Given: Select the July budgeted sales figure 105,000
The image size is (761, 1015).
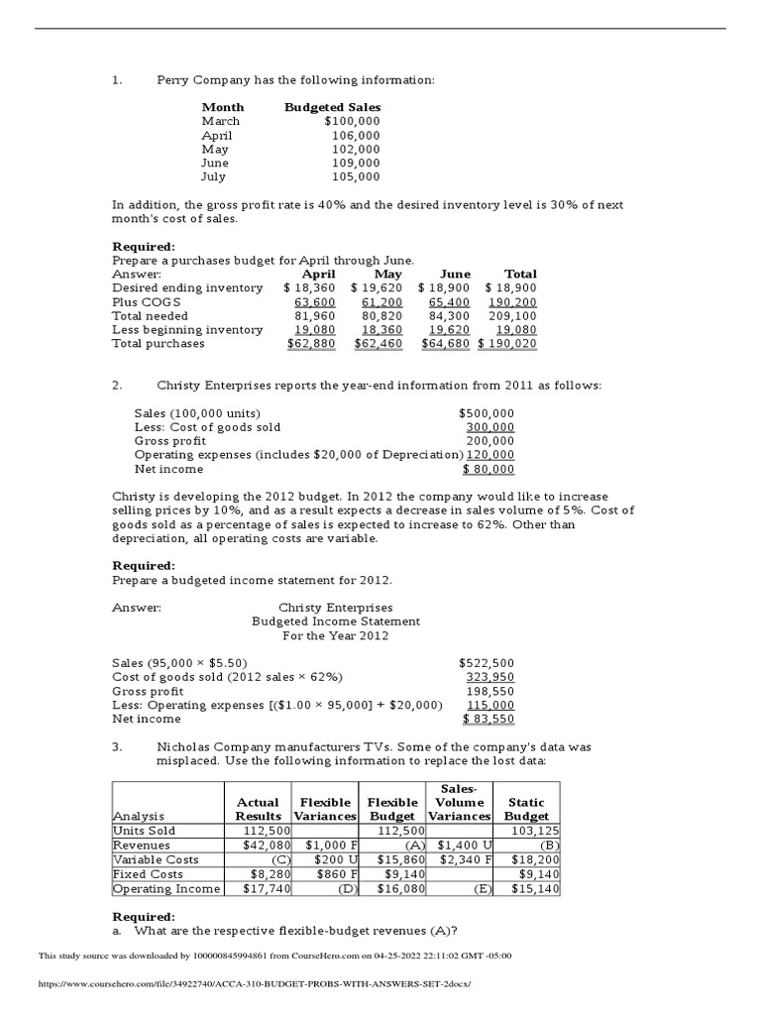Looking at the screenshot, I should pyautogui.click(x=356, y=176).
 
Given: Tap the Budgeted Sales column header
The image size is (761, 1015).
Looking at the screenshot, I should pyautogui.click(x=332, y=107).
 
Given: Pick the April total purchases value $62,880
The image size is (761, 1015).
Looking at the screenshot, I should pyautogui.click(x=311, y=343).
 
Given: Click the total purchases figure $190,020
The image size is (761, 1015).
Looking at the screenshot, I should pyautogui.click(x=507, y=343).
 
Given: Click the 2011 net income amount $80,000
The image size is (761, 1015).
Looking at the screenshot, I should pyautogui.click(x=489, y=469).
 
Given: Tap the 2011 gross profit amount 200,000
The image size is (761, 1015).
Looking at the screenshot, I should pyautogui.click(x=490, y=441).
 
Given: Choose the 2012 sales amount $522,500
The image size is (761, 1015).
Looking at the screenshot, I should pyautogui.click(x=487, y=662).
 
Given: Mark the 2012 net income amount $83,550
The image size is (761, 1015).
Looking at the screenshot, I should pyautogui.click(x=489, y=719).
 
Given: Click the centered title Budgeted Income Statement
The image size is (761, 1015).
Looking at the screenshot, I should pyautogui.click(x=335, y=621).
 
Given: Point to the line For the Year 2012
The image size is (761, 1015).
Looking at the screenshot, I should pyautogui.click(x=335, y=635).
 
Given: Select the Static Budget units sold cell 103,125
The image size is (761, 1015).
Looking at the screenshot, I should pyautogui.click(x=534, y=831).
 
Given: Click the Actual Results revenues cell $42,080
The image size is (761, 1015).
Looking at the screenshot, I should pyautogui.click(x=266, y=845).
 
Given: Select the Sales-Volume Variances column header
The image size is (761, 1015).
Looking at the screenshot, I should pyautogui.click(x=459, y=802).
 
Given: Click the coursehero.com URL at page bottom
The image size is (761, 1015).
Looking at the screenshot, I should pyautogui.click(x=255, y=983).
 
